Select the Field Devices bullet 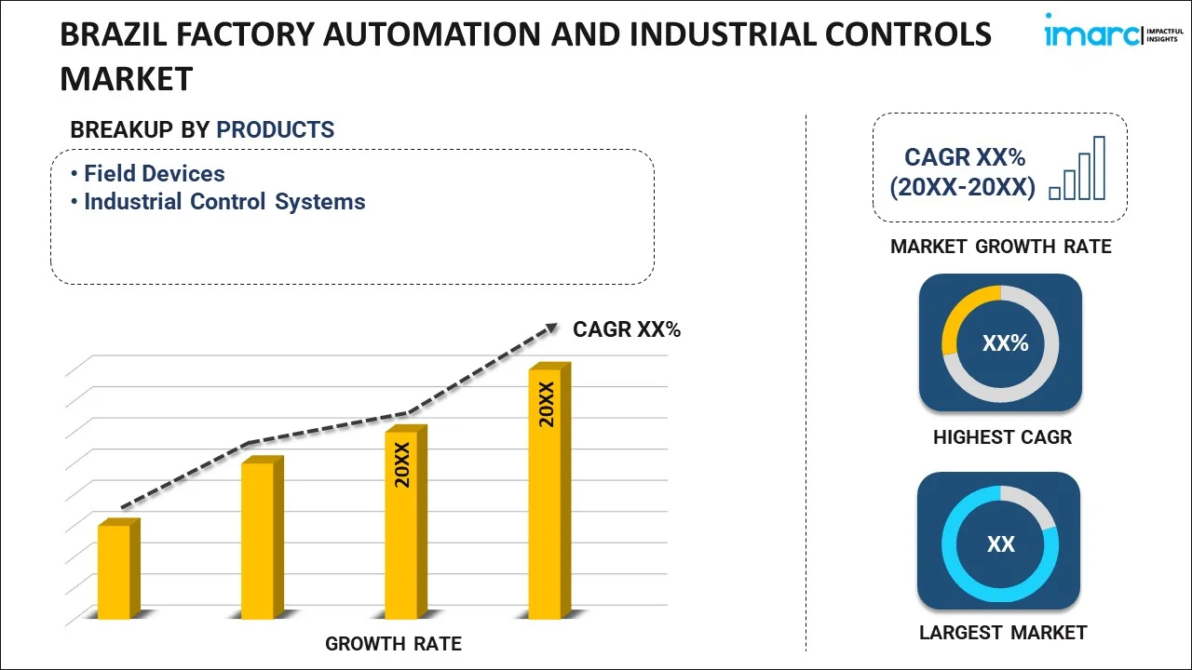[155, 173]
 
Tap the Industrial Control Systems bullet [224, 202]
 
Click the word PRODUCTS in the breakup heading [275, 129]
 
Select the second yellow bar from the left [258, 540]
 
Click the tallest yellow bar [545, 493]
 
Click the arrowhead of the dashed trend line [551, 328]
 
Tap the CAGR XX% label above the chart [627, 328]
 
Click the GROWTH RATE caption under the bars [393, 643]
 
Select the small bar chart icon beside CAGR [1077, 168]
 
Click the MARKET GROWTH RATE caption [1001, 247]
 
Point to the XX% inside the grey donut [1005, 343]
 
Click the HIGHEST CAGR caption [1002, 436]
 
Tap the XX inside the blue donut [1001, 544]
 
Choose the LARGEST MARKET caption [1003, 633]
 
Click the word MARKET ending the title [126, 79]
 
